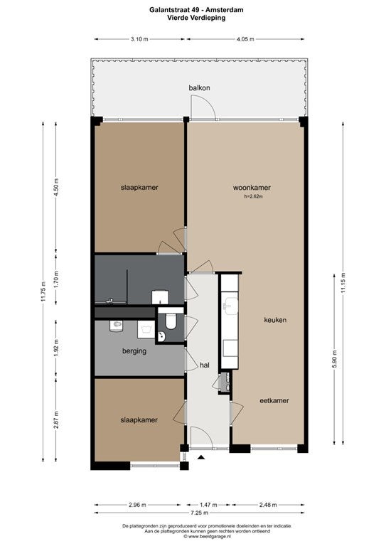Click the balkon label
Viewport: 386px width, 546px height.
pyautogui.click(x=199, y=87)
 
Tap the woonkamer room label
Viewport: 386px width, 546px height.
pyautogui.click(x=252, y=188)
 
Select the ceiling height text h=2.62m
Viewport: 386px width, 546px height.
pyautogui.click(x=253, y=196)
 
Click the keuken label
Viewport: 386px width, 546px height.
pyautogui.click(x=275, y=320)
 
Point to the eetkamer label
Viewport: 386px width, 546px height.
pyautogui.click(x=274, y=400)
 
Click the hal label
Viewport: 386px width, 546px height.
pyautogui.click(x=205, y=365)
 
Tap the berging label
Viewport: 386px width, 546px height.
pyautogui.click(x=134, y=351)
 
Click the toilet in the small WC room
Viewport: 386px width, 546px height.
pyautogui.click(x=171, y=321)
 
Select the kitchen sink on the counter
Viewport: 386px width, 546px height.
pyautogui.click(x=230, y=306)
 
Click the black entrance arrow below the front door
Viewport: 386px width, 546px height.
pyautogui.click(x=201, y=457)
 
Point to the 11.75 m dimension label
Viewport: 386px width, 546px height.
pyautogui.click(x=43, y=291)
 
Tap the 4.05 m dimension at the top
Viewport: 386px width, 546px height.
pyautogui.click(x=245, y=39)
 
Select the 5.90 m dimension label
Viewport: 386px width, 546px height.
pyautogui.click(x=334, y=358)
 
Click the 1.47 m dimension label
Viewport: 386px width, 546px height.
pyautogui.click(x=208, y=505)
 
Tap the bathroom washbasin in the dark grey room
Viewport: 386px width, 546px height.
pyautogui.click(x=160, y=297)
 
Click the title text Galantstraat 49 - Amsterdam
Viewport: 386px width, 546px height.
pyautogui.click(x=196, y=10)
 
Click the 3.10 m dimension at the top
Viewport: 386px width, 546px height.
pyautogui.click(x=139, y=39)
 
